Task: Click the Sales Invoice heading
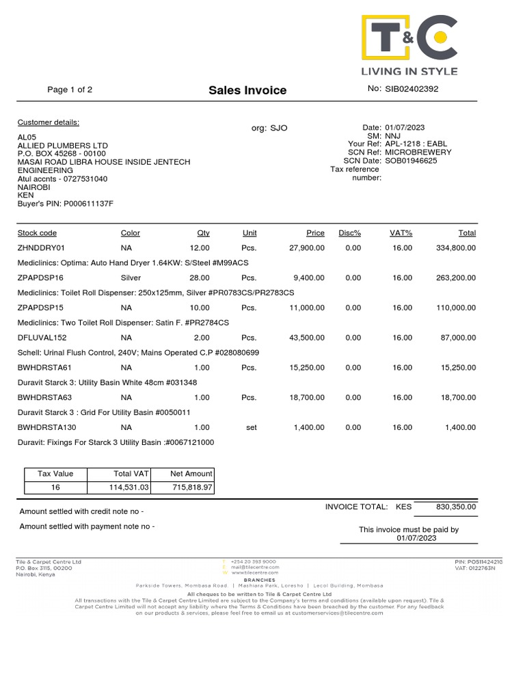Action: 247,90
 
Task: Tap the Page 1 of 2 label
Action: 70,90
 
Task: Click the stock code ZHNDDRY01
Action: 40,247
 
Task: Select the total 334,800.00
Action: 455,247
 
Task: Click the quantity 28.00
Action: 200,278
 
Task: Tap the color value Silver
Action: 131,278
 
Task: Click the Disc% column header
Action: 349,233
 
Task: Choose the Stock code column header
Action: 37,233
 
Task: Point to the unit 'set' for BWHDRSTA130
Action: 251,427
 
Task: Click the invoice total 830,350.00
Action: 455,507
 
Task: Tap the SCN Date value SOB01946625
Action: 411,161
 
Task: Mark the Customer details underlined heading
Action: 48,122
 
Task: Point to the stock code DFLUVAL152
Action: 42,338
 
